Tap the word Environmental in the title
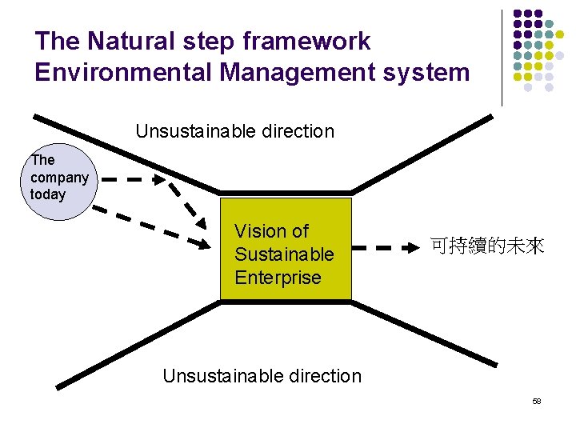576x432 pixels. pyautogui.click(x=124, y=72)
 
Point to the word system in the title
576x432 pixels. pyautogui.click(x=434, y=72)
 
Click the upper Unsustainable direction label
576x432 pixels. pyautogui.click(x=234, y=131)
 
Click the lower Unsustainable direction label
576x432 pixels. pyautogui.click(x=262, y=375)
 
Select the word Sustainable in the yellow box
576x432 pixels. pyautogui.click(x=284, y=254)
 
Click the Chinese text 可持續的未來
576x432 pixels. pyautogui.click(x=487, y=247)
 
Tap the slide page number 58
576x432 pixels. pyautogui.click(x=536, y=400)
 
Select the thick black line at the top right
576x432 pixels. pyautogui.click(x=424, y=153)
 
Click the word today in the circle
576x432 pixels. pyautogui.click(x=47, y=194)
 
